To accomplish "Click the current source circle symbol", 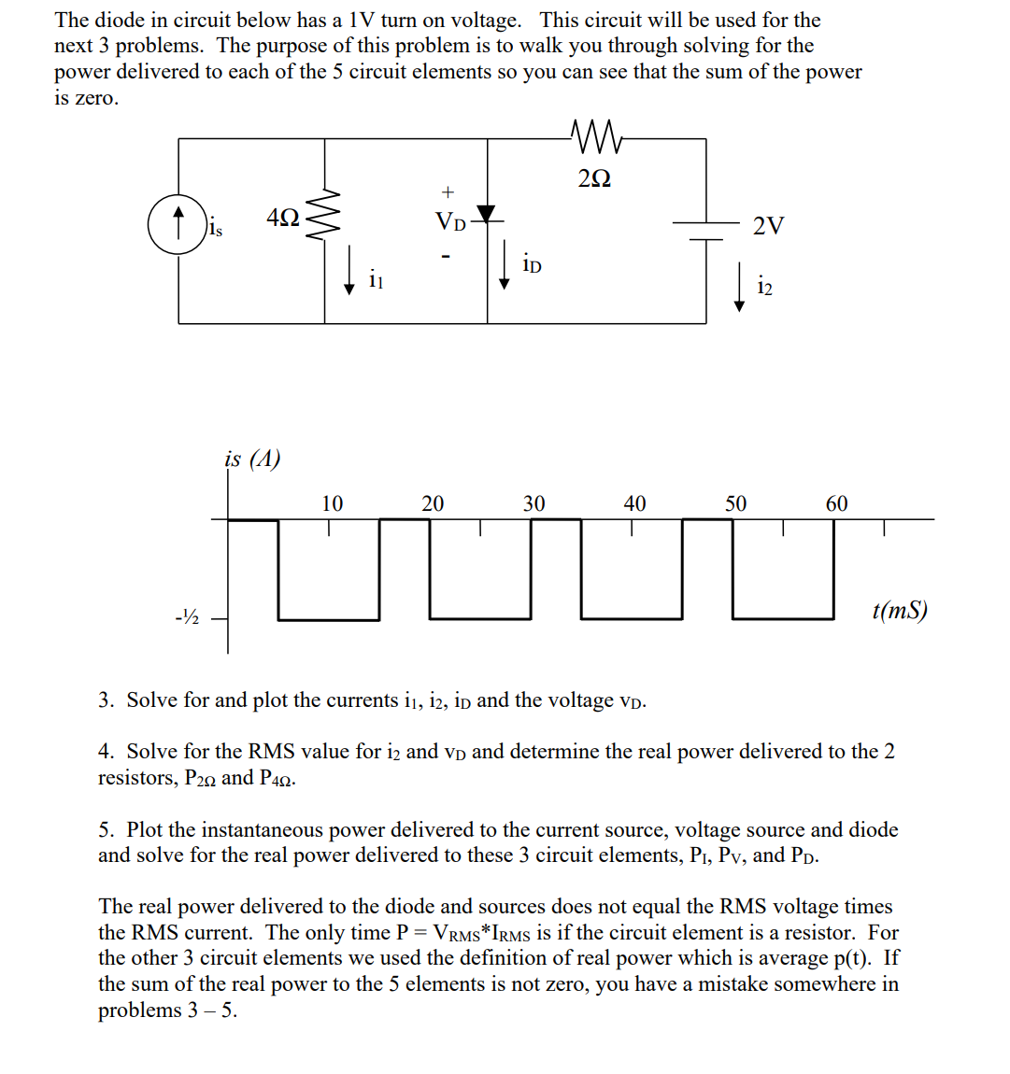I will (178, 225).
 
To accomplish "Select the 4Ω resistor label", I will (283, 218).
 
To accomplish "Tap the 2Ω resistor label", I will (594, 177).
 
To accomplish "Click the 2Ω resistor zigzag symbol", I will (595, 137).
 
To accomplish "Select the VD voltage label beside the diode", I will (449, 222).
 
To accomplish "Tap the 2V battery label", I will (768, 225).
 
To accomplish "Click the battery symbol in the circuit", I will (706, 230).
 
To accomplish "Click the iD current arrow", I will (505, 264).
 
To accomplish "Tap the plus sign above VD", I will (448, 192).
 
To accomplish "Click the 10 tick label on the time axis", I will (332, 504).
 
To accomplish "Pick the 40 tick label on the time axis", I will (634, 504).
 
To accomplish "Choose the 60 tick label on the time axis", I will (836, 504).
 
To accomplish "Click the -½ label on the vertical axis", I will (188, 617).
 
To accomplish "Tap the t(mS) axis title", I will (899, 611).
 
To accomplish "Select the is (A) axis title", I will (252, 459).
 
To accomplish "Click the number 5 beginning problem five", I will (106, 829).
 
